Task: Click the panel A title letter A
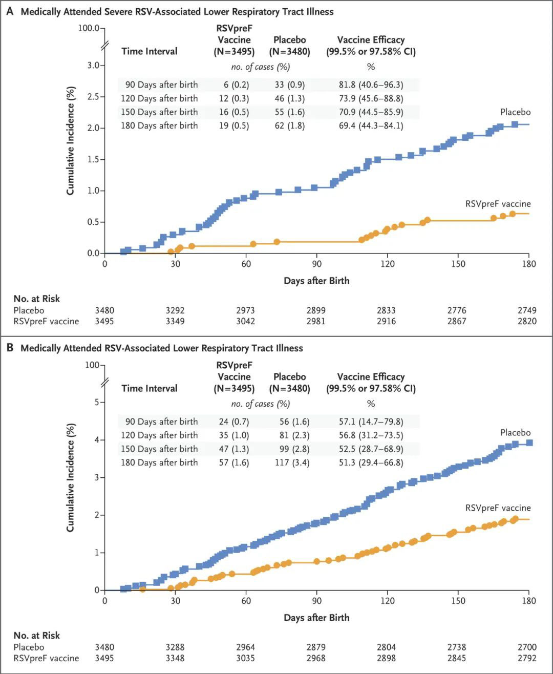[x=10, y=11]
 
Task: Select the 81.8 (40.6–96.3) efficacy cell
[x=371, y=85]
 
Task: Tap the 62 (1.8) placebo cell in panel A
[x=289, y=125]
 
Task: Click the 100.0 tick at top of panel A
[x=89, y=28]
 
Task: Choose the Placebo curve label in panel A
[x=515, y=112]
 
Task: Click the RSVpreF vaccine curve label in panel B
[x=498, y=508]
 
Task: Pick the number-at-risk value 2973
[x=245, y=310]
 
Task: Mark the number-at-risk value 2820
[x=527, y=321]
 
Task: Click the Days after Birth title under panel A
[x=316, y=281]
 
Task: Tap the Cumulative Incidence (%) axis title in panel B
[x=71, y=477]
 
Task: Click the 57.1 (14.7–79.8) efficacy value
[x=371, y=422]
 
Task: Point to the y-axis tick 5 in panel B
[x=96, y=403]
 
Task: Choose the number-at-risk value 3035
[x=245, y=658]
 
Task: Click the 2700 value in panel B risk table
[x=527, y=647]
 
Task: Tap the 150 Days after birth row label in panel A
[x=159, y=112]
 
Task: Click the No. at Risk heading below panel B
[x=37, y=636]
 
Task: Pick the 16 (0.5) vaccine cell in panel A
[x=234, y=112]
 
